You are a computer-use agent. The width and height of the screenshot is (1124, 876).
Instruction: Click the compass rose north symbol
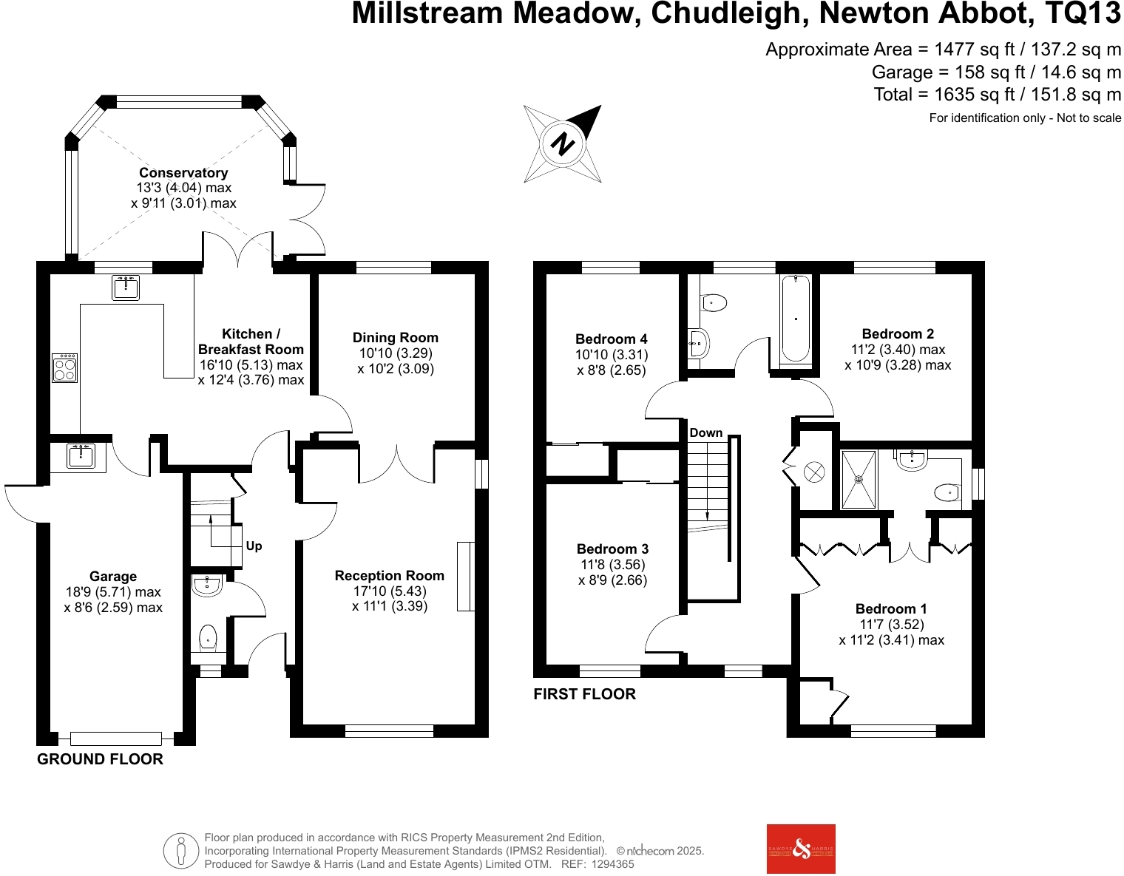pyautogui.click(x=563, y=143)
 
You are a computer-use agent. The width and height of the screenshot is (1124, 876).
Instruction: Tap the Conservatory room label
pyautogui.click(x=183, y=173)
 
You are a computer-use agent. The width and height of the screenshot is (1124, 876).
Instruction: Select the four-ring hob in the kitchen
pyautogui.click(x=64, y=367)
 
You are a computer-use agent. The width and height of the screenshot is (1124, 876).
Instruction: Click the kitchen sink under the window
pyautogui.click(x=126, y=288)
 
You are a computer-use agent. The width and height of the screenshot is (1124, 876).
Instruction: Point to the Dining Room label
pyautogui.click(x=395, y=338)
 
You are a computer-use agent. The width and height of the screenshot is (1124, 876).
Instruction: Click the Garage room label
pyautogui.click(x=113, y=576)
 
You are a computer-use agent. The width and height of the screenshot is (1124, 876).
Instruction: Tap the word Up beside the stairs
pyautogui.click(x=254, y=546)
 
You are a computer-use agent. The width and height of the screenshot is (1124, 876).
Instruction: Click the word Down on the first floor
pyautogui.click(x=705, y=433)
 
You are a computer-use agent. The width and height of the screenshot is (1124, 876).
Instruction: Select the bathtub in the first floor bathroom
pyautogui.click(x=795, y=319)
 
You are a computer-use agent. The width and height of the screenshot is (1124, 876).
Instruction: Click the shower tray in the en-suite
pyautogui.click(x=859, y=480)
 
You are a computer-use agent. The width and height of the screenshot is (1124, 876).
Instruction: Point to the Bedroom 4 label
pyautogui.click(x=612, y=339)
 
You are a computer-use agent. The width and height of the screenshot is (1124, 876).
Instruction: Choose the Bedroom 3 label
pyautogui.click(x=612, y=549)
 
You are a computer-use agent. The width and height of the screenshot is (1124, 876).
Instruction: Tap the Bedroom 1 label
pyautogui.click(x=891, y=608)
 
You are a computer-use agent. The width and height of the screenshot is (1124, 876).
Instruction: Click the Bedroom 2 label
pyautogui.click(x=898, y=333)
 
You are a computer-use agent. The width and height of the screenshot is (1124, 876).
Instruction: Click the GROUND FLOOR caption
pyautogui.click(x=101, y=759)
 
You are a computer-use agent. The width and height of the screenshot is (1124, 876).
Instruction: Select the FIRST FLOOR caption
pyautogui.click(x=584, y=694)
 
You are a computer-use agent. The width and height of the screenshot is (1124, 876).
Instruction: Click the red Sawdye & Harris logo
pyautogui.click(x=801, y=849)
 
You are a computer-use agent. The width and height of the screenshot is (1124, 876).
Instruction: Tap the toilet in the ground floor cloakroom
pyautogui.click(x=208, y=638)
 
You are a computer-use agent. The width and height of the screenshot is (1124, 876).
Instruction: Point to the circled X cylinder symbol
pyautogui.click(x=814, y=472)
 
